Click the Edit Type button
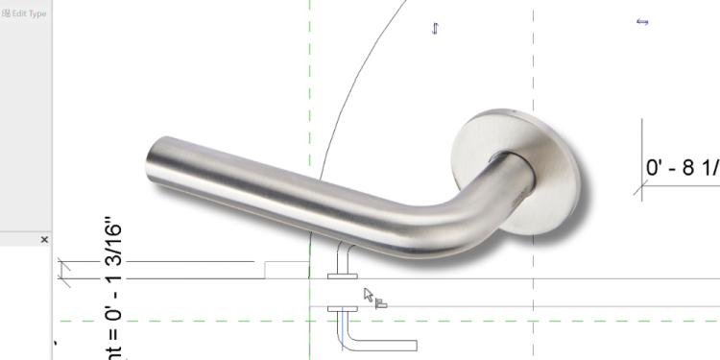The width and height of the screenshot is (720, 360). pos(25,13)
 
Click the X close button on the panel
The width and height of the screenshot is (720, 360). pos(44,240)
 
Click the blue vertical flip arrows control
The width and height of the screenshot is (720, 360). pos(435,29)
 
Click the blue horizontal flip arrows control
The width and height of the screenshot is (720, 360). pos(643,21)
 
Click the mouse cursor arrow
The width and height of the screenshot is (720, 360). pos(369,294)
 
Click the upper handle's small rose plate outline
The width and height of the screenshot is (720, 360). pos(342,276)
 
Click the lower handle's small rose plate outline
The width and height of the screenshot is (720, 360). pos(342,310)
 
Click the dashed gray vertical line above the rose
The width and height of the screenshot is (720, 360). pos(533,58)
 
